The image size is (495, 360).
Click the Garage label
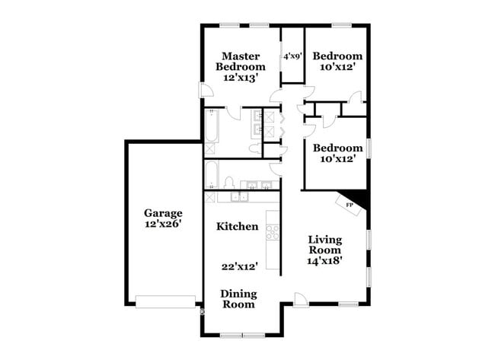point(163,213)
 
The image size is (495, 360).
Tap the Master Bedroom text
point(240,61)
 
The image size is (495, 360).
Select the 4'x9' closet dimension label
point(293,56)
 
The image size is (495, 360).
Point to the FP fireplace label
point(350,205)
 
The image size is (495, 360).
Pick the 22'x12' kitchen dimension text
point(239,266)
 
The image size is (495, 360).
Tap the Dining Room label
point(238,299)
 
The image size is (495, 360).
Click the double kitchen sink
point(241,197)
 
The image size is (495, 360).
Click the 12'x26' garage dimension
point(163,225)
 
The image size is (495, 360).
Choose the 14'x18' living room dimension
point(325,260)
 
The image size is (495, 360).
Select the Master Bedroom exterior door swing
point(206,90)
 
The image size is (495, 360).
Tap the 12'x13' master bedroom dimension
point(240,77)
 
